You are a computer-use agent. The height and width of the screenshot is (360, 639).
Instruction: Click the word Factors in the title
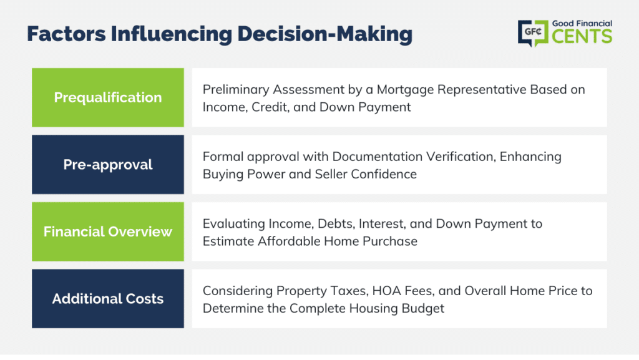(x=66, y=34)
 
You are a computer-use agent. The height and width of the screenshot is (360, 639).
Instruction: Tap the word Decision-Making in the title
(x=324, y=34)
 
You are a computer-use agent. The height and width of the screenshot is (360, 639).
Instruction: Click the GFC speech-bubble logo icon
(x=533, y=33)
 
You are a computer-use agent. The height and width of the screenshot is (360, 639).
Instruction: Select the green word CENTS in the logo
(x=582, y=36)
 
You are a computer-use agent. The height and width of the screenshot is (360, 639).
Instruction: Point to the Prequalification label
(x=108, y=98)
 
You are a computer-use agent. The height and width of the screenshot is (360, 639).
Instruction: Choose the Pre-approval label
(x=108, y=165)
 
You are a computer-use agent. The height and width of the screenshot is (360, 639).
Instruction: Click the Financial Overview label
(x=108, y=231)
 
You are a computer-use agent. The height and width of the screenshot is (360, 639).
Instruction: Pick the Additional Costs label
(x=108, y=299)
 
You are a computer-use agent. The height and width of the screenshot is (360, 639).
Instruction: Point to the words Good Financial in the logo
(x=582, y=24)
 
